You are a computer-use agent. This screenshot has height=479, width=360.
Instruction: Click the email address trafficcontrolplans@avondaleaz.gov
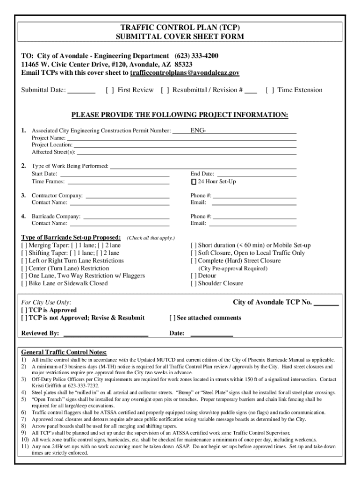pyautogui.click(x=185, y=73)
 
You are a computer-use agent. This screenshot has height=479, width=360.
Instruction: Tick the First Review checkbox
pyautogui.click(x=109, y=90)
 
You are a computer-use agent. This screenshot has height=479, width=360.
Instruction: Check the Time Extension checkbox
pyautogui.click(x=269, y=90)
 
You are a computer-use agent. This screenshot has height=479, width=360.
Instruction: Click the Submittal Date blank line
pyautogui.click(x=82, y=91)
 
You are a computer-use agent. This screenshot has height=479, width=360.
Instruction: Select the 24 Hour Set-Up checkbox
pyautogui.click(x=194, y=181)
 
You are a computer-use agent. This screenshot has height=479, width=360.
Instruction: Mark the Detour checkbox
pyautogui.click(x=194, y=276)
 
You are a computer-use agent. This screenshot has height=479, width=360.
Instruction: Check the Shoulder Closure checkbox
pyautogui.click(x=194, y=283)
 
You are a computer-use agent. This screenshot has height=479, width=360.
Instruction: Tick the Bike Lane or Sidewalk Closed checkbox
pyautogui.click(x=24, y=283)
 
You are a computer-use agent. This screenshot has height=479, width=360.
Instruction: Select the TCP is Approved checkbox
pyautogui.click(x=24, y=310)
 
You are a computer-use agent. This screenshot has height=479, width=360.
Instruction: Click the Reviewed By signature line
pyautogui.click(x=105, y=334)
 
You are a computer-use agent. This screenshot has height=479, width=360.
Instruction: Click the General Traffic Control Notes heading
pyautogui.click(x=64, y=352)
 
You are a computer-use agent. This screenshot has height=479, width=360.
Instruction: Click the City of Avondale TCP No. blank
pyautogui.click(x=326, y=303)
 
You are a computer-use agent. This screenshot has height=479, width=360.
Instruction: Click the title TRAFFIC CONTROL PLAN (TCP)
pyautogui.click(x=180, y=28)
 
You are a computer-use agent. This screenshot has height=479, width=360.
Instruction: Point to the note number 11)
pyautogui.click(x=25, y=446)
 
